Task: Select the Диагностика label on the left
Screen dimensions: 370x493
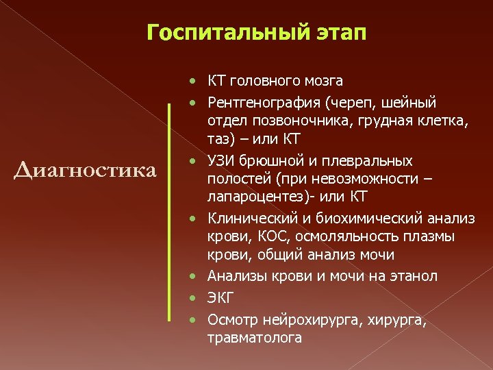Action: (85, 169)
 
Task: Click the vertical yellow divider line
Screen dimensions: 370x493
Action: (169, 210)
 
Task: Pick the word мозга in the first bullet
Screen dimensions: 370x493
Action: (324, 82)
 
